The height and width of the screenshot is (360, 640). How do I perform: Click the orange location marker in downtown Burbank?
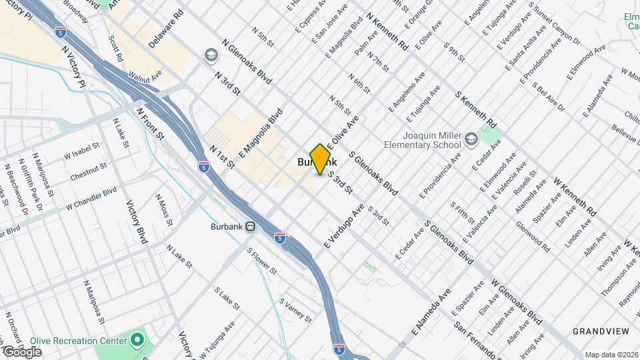click(x=321, y=159)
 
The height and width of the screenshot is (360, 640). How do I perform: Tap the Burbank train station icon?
click(x=251, y=226)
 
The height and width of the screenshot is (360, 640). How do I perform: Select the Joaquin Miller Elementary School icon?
click(x=472, y=139)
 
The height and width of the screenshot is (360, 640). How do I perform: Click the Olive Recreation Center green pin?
click(x=137, y=340)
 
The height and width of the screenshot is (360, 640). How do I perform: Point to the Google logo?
click(x=22, y=351)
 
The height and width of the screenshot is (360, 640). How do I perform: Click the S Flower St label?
click(x=261, y=261)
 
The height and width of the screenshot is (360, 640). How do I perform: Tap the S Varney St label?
click(x=295, y=310)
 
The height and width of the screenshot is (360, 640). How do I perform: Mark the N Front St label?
click(x=150, y=123)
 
